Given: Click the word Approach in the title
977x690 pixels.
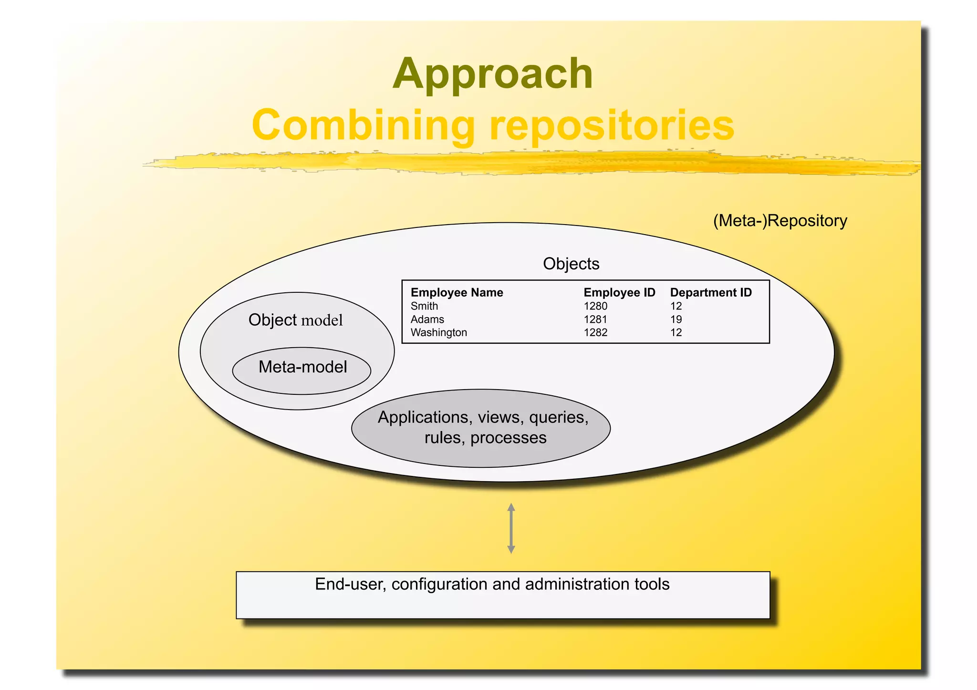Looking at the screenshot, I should point(493,73).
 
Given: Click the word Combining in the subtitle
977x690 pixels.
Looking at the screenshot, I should point(364,125).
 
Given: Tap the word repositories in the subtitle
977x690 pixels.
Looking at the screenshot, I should point(612,125).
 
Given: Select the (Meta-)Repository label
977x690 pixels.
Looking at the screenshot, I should point(780,221).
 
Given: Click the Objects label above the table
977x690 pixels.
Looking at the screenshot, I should point(571,264).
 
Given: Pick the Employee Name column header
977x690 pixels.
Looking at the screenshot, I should point(457,292).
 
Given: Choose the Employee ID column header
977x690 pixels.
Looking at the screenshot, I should point(619,292).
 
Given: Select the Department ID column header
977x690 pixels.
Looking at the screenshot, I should point(711,292).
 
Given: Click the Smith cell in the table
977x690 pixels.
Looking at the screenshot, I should point(424,306).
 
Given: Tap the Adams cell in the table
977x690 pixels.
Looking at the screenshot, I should point(427,319).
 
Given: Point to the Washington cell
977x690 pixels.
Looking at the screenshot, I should point(438,332).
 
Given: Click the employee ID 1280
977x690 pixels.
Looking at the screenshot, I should point(595,306).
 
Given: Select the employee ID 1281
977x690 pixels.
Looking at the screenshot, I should point(595,319).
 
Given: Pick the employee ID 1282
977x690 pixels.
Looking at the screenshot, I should point(595,332).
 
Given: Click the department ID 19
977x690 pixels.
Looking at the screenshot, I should point(676,319).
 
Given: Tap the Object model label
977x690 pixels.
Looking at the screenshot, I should point(295,320).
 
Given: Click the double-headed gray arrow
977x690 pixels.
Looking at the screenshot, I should point(511,528).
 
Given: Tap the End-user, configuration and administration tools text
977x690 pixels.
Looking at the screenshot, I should point(492,584).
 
